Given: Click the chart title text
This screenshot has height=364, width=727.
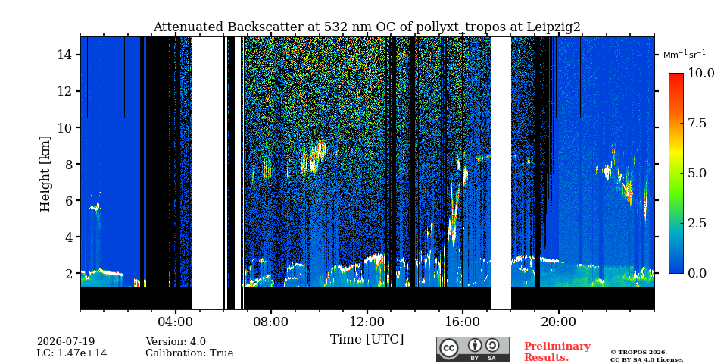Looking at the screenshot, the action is click(367, 27).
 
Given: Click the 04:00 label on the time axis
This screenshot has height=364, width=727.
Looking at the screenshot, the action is click(176, 322).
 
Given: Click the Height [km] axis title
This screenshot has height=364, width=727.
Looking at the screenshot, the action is click(45, 174).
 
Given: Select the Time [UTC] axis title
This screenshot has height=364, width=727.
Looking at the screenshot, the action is click(367, 340).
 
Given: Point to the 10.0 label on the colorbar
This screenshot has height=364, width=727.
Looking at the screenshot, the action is click(700, 74).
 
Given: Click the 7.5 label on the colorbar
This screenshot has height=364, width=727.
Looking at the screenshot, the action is click(697, 123).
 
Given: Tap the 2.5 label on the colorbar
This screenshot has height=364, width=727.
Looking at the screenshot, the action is click(697, 223).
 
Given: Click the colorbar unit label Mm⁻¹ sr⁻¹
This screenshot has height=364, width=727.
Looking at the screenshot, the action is click(685, 54).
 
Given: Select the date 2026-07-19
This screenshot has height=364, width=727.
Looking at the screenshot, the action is click(66, 342).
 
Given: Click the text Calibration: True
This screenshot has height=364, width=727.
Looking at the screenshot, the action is click(189, 353).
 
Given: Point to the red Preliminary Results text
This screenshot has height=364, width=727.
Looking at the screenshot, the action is click(557, 352).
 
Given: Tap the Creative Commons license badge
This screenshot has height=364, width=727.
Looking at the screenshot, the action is click(473, 349).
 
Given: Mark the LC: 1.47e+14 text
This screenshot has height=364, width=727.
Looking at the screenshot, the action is click(72, 353).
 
